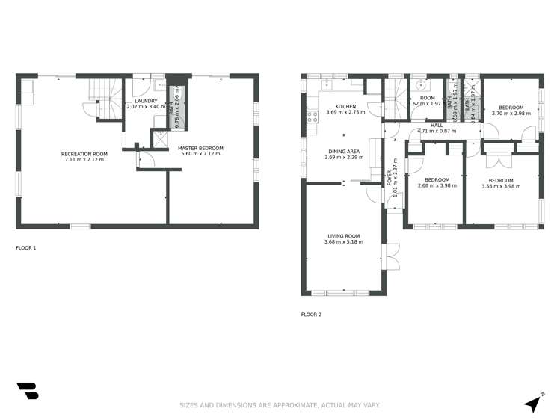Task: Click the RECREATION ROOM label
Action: (x=84, y=154)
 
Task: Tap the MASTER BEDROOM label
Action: (x=200, y=148)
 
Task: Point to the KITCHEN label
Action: (x=345, y=107)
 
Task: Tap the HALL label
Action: (x=436, y=125)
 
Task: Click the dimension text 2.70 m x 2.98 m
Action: (x=511, y=114)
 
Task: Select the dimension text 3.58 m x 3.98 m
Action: (x=501, y=187)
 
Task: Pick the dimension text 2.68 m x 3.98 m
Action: (x=437, y=186)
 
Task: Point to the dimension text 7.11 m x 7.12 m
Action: (x=84, y=160)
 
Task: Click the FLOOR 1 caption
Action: (x=26, y=247)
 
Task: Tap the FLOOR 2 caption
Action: (x=311, y=315)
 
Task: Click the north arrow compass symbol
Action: (x=532, y=403)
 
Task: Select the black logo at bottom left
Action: (x=27, y=390)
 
